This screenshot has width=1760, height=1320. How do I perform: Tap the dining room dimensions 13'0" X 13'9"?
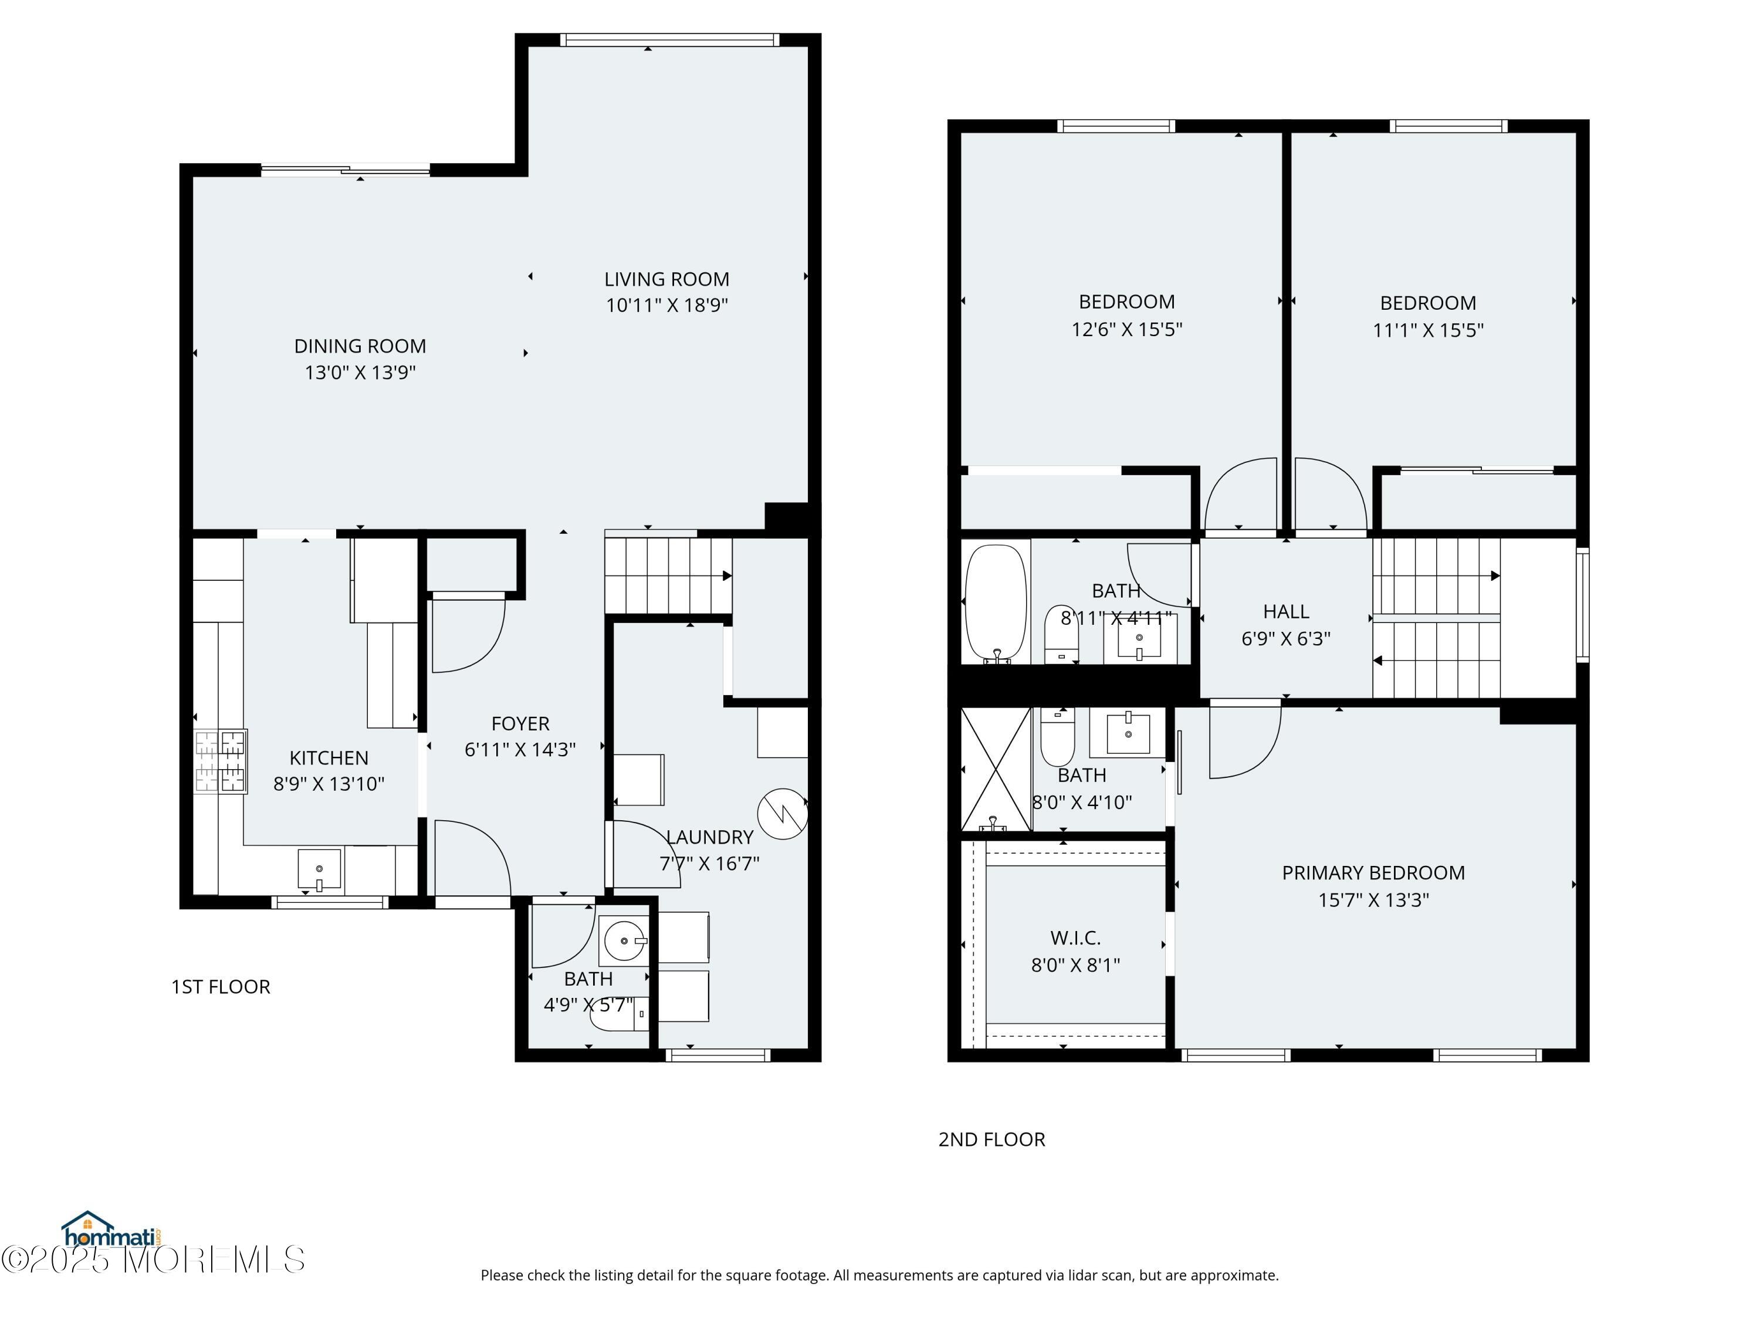tap(360, 373)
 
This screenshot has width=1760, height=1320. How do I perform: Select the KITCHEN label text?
tap(329, 757)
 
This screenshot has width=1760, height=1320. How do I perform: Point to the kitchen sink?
tap(319, 869)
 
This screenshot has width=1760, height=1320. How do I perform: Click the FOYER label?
tap(520, 723)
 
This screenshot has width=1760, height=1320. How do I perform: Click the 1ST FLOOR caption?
tap(221, 987)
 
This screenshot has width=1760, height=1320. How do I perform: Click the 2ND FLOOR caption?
tap(991, 1139)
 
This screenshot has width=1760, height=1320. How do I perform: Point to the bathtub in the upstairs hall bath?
tap(996, 603)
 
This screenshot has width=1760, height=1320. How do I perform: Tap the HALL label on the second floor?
tap(1286, 611)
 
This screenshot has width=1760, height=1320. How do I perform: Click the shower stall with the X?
tap(996, 769)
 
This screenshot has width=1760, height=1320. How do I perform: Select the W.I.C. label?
tap(1076, 938)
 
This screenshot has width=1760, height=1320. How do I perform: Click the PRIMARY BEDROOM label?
tap(1373, 873)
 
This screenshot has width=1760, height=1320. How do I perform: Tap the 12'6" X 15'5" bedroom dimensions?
tap(1126, 329)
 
